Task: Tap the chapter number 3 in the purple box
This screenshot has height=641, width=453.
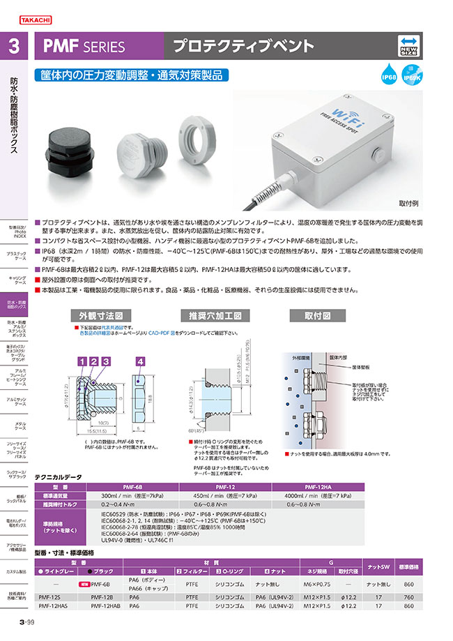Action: pos(14,47)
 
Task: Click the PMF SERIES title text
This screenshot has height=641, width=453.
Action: pos(84,47)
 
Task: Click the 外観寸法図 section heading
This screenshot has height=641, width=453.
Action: pos(100,315)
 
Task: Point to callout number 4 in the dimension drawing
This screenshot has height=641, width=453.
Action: pos(140,361)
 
